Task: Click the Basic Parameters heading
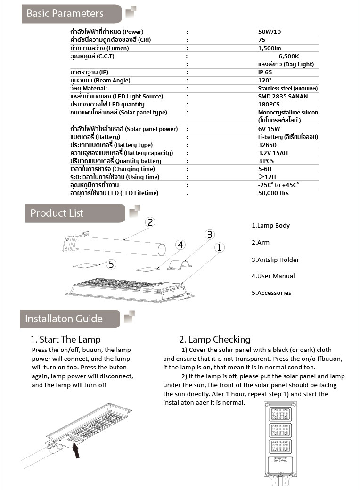[65, 14]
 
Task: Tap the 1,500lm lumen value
[270, 48]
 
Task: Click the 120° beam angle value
[264, 81]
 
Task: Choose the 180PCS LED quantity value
[269, 105]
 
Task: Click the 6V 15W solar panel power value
[269, 129]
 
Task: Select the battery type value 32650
[267, 145]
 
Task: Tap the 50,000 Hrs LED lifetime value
[273, 193]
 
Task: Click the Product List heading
[57, 213]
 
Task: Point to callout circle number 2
[150, 222]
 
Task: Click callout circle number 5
[111, 264]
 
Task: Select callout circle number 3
[210, 234]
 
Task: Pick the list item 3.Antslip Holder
[275, 260]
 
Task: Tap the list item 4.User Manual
[273, 276]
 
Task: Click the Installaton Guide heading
[64, 318]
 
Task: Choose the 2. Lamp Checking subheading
[214, 339]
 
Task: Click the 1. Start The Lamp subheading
[65, 339]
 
